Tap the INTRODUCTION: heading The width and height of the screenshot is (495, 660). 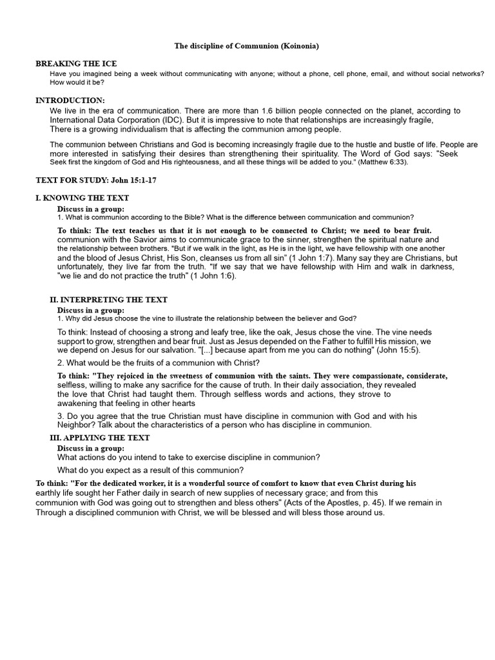(70, 101)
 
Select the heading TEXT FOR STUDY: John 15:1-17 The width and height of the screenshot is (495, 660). (95, 180)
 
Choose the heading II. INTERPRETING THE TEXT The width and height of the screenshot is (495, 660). (108, 300)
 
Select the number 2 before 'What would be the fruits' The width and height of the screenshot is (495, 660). (59, 363)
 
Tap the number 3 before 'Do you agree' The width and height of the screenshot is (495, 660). (59, 416)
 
